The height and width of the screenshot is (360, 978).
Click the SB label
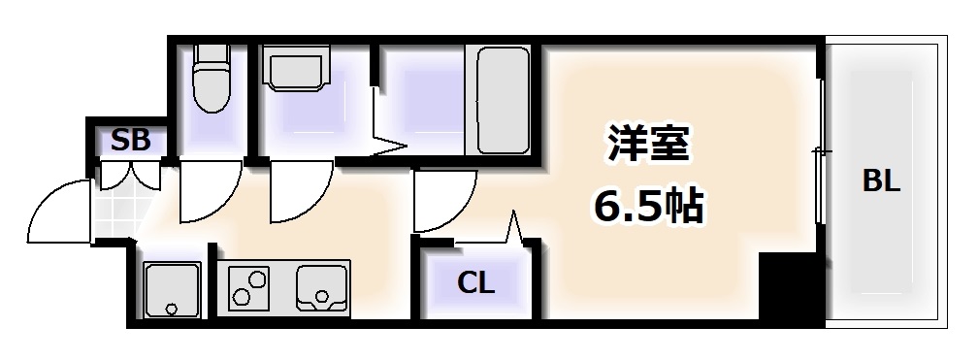(x=130, y=141)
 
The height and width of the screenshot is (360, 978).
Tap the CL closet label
(x=476, y=284)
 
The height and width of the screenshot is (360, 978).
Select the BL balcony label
(x=881, y=180)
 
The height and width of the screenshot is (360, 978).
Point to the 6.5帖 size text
(x=649, y=205)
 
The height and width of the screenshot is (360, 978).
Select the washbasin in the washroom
(x=295, y=73)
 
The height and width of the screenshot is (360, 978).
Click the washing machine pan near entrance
(x=172, y=289)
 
